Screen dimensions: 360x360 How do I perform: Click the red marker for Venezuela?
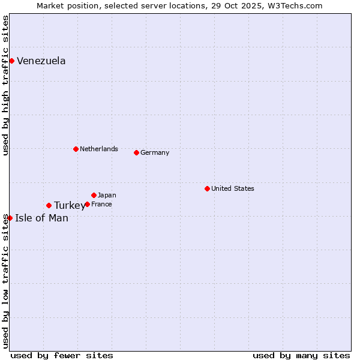click(x=11, y=61)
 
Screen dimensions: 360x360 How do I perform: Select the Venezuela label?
click(x=41, y=61)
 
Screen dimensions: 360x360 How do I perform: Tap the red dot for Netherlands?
click(x=76, y=149)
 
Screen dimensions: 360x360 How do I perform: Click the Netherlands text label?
click(x=98, y=149)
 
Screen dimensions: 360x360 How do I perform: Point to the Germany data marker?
click(x=136, y=152)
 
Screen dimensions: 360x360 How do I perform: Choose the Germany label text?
click(x=155, y=152)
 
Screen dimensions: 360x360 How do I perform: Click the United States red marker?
click(x=207, y=188)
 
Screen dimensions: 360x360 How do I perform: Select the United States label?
click(x=232, y=188)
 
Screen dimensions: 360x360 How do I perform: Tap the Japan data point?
click(x=94, y=195)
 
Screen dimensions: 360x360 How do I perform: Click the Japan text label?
click(x=107, y=195)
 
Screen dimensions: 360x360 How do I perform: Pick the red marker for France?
click(x=87, y=204)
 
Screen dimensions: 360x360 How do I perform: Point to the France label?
click(x=101, y=204)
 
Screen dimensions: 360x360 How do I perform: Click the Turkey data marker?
click(x=49, y=205)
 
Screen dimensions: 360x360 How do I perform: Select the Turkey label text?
click(x=69, y=206)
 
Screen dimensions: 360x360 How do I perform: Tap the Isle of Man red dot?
click(x=10, y=218)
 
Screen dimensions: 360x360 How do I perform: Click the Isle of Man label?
click(x=41, y=218)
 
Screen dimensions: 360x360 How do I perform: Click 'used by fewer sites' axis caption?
click(x=62, y=355)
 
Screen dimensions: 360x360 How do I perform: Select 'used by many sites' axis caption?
click(x=301, y=355)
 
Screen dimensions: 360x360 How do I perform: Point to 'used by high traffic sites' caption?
click(x=6, y=86)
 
